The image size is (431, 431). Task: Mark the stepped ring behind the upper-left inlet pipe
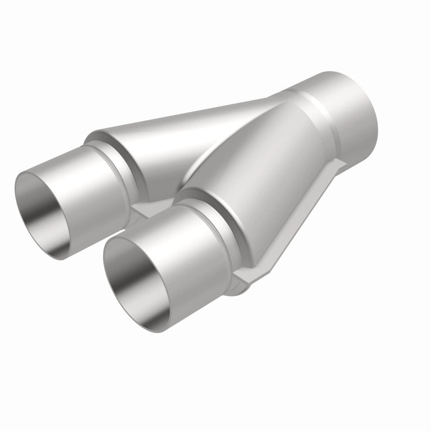pyautogui.click(x=116, y=156)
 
